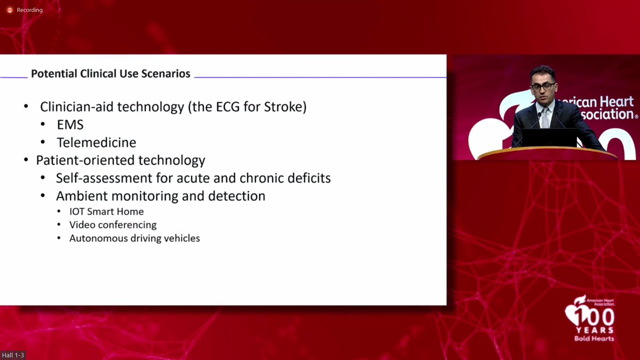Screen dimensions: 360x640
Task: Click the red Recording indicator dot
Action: [9, 10]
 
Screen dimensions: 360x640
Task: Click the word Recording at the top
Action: [29, 10]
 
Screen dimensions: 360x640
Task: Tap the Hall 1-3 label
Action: [13, 355]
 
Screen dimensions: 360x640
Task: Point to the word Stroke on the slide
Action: [286, 107]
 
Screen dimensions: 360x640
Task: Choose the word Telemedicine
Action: [96, 142]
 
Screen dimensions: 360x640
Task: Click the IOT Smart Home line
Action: [106, 211]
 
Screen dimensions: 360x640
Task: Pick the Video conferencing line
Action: [113, 225]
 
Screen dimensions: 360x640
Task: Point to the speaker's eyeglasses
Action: [543, 86]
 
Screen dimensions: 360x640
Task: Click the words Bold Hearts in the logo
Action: [594, 338]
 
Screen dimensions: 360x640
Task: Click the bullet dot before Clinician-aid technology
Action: [26, 107]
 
